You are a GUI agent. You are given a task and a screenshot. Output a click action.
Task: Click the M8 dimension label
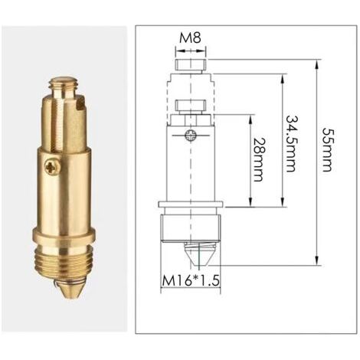[x=190, y=38]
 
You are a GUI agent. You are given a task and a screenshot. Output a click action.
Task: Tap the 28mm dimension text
[x=258, y=160]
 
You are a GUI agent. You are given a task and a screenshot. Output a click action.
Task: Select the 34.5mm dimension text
[x=292, y=144]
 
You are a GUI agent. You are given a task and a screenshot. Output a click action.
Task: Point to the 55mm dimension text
[x=327, y=149]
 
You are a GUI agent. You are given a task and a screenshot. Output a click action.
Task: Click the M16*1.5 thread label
[x=191, y=281]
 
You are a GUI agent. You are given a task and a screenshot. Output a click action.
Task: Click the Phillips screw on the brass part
[x=53, y=168]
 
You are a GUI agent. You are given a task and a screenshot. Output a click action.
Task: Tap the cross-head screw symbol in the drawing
[x=191, y=135]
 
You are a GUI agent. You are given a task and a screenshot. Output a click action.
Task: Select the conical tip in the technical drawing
[x=197, y=254]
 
